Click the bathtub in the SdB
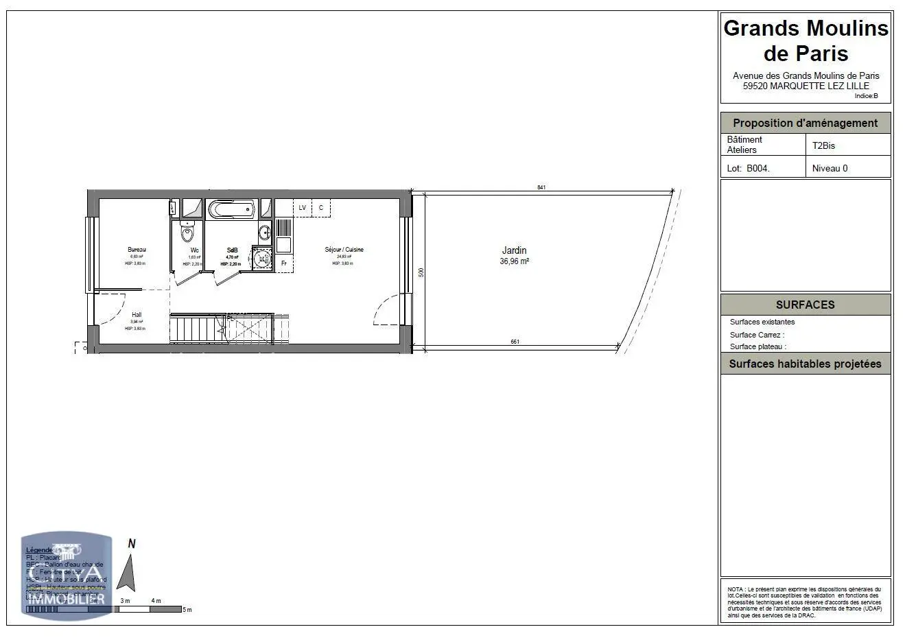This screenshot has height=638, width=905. coord(231,209)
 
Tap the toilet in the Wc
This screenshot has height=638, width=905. coord(188,233)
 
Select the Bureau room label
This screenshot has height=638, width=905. coord(137,250)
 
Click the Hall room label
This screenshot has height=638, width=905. coord(137,315)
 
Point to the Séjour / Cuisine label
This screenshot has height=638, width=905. coord(344,250)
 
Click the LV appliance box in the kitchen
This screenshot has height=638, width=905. coord(302,207)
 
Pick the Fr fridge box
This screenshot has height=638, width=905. coord(283,263)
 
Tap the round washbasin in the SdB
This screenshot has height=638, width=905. coord(261,259)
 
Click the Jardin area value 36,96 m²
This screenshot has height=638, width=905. coord(514,261)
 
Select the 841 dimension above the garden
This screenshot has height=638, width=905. coord(541,187)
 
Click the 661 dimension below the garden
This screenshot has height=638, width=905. coord(515,342)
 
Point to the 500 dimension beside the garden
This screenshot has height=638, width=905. coord(422,272)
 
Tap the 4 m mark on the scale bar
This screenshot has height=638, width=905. coord(156,601)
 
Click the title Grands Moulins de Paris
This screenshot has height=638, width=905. coord(806,40)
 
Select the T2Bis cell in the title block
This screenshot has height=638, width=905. coord(823,145)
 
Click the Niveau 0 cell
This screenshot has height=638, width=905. coord(830,168)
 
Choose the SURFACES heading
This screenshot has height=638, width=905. coord(805,305)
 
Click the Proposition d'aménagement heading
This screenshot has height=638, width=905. coord(805,123)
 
